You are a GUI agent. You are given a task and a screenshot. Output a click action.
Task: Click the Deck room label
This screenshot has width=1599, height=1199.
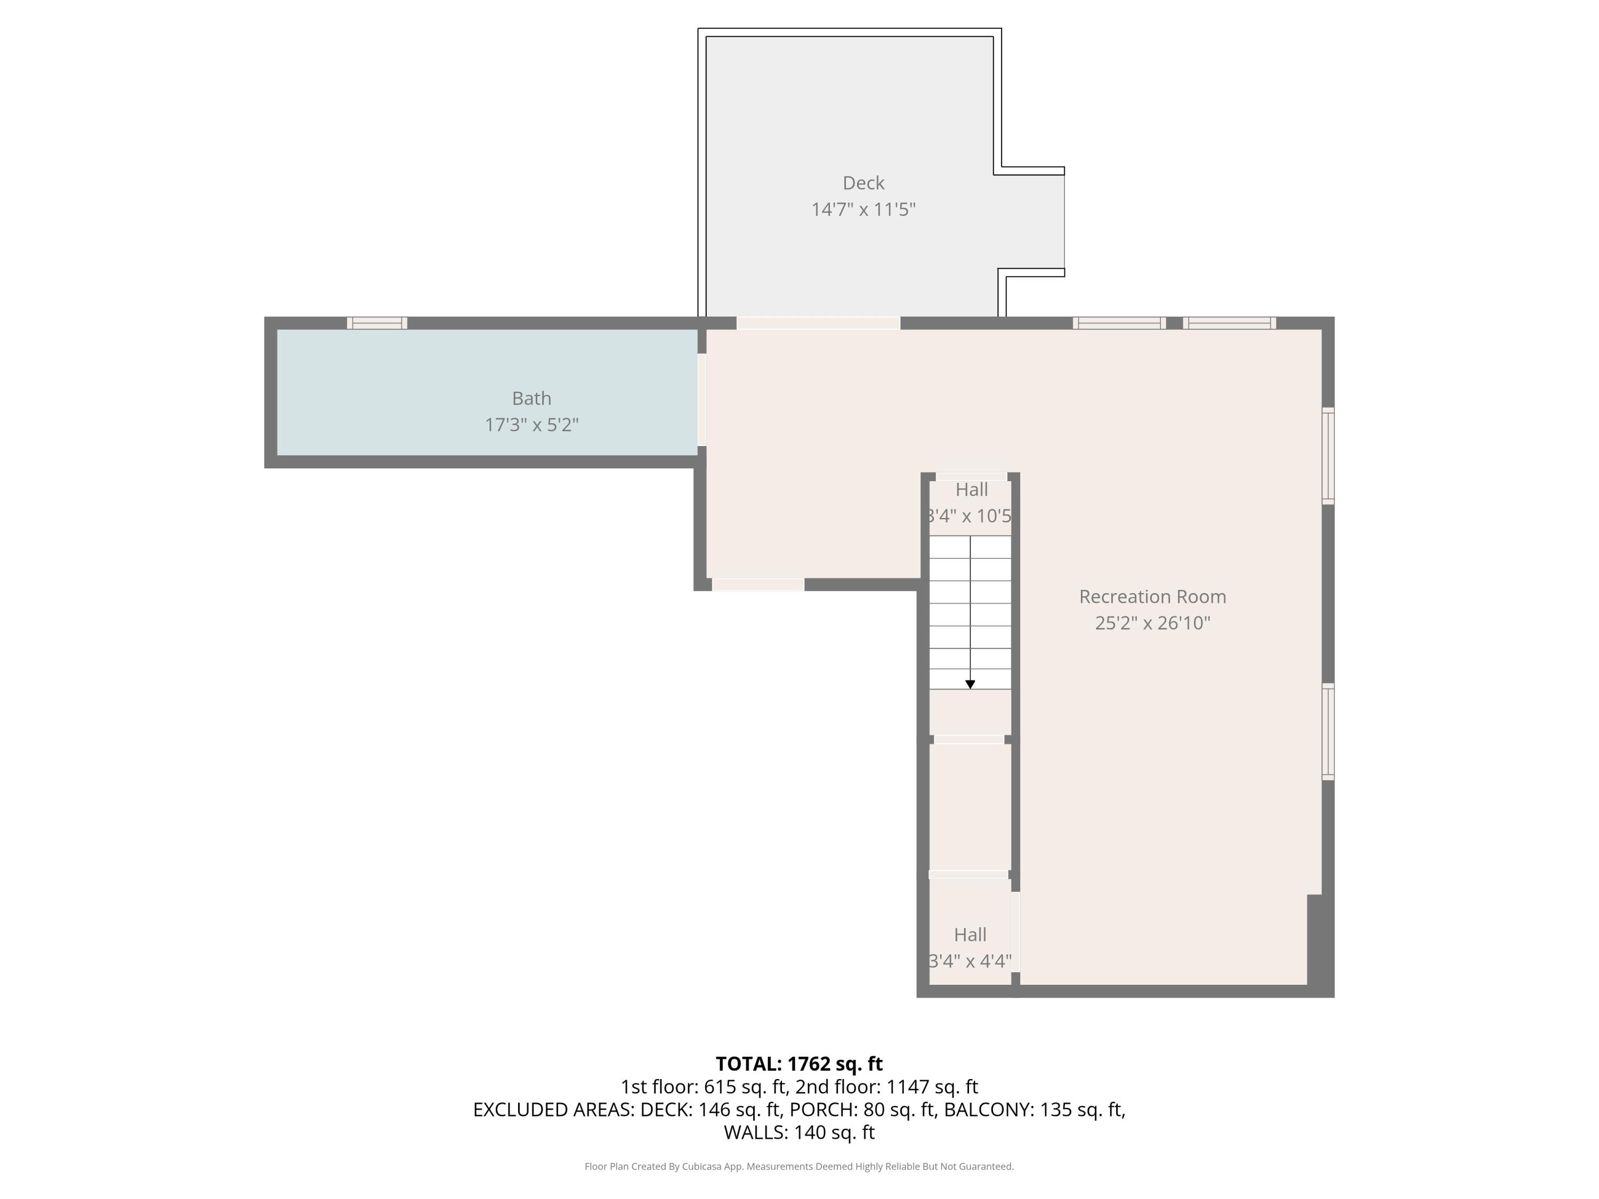[863, 183]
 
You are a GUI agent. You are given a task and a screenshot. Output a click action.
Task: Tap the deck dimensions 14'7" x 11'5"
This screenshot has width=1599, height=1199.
[863, 209]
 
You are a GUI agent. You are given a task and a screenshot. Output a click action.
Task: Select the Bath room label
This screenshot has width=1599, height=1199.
[531, 398]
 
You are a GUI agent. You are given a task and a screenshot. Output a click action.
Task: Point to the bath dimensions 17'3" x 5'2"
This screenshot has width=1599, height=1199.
[531, 425]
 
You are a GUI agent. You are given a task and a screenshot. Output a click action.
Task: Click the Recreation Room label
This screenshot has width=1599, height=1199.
[1152, 596]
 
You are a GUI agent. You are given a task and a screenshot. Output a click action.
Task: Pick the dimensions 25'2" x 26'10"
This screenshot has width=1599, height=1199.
[1152, 623]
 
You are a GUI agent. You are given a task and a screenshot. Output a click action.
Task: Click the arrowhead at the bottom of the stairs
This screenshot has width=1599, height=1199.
[970, 684]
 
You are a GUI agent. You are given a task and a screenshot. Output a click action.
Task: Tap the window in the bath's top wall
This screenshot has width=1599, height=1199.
[377, 323]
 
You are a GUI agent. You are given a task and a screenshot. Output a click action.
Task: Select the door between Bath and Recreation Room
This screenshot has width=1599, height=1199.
[701, 399]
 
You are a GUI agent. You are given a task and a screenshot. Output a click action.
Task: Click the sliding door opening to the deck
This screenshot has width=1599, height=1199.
[818, 323]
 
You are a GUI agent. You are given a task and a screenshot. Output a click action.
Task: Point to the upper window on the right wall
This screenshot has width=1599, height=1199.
[1328, 455]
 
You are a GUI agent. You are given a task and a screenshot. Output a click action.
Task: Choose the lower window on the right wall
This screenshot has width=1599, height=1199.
[1328, 732]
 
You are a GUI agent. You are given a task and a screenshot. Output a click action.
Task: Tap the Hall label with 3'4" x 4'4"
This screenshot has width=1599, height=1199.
[970, 935]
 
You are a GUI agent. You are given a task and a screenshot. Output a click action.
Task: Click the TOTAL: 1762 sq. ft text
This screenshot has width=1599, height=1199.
[799, 1064]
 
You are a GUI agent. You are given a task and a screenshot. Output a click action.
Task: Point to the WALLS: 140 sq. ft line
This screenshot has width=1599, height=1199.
[799, 1132]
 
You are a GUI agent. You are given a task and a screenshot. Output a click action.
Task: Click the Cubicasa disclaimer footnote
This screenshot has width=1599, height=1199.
[799, 1166]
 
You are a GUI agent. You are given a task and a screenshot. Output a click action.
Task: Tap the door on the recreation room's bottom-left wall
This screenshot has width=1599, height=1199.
[757, 585]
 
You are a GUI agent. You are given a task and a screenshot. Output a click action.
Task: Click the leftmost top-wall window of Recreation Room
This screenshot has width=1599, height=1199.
[1119, 323]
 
